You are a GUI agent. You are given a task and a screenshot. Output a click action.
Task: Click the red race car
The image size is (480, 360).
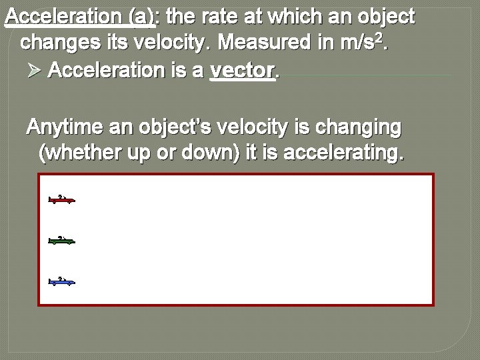62,199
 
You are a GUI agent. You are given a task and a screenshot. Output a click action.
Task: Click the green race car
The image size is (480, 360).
62,241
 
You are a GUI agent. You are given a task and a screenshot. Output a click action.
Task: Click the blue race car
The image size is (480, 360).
62,281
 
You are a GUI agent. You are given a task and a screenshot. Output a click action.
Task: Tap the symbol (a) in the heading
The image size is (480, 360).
143,17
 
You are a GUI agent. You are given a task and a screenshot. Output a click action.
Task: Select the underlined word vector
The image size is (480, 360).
243,71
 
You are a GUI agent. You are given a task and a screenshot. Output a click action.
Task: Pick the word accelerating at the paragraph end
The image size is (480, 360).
342,154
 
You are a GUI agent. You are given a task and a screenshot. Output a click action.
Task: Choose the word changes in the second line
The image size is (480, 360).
56,43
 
